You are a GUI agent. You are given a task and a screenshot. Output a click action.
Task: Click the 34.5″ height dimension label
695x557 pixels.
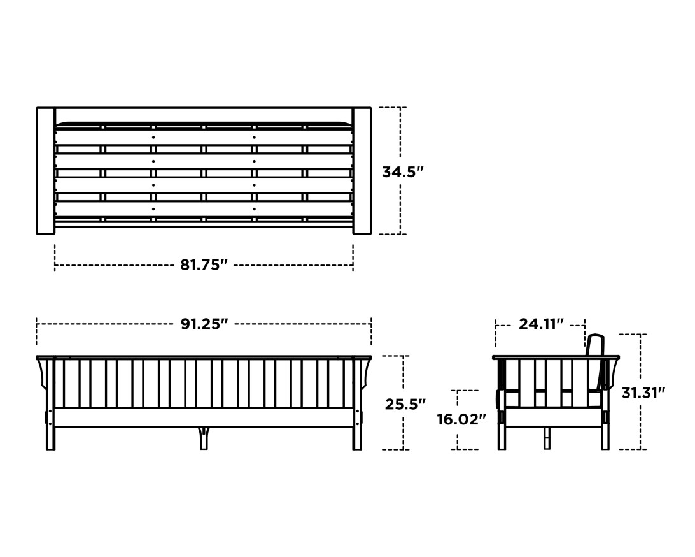pos(402,172)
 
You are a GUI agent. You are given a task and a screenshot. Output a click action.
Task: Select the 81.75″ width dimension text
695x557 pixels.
pos(204,265)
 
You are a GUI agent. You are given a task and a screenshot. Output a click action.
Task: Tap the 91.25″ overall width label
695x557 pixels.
pos(204,324)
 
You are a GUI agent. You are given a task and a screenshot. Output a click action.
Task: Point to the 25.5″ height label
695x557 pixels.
pos(405,404)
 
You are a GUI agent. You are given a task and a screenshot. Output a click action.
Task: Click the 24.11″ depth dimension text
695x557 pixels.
pos(541,324)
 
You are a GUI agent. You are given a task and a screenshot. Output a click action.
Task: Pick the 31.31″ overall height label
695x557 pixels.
pos(643,393)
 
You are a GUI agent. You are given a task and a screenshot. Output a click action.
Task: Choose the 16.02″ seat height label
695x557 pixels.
pos(461,419)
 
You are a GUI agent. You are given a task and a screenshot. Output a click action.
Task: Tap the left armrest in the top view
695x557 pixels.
pos(45,171)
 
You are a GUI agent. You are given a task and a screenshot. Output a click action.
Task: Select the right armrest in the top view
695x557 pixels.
pos(362,171)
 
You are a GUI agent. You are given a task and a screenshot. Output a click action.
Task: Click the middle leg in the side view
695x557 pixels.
pos(547,438)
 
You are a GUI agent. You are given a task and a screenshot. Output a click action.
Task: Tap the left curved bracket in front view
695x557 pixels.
pos(43,373)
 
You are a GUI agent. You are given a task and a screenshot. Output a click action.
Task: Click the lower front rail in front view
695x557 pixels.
pos(204,417)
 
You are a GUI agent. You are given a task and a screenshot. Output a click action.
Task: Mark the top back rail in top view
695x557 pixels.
pos(204,114)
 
